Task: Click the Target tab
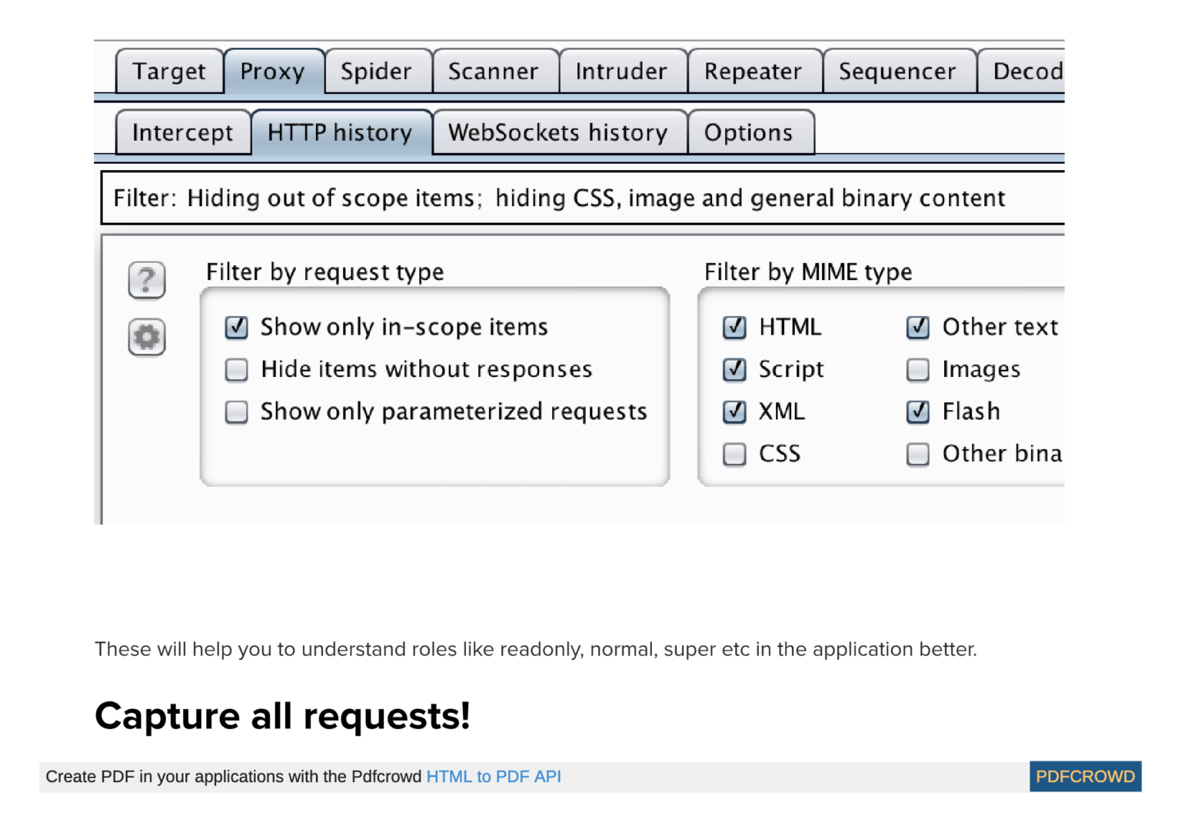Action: (x=169, y=72)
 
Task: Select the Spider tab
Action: (x=376, y=72)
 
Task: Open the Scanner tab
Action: (x=493, y=72)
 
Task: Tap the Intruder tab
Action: (x=621, y=72)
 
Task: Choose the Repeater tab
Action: (x=753, y=72)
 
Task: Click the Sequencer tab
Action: (x=897, y=72)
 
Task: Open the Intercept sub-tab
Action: (x=182, y=133)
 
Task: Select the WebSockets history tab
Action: (x=558, y=133)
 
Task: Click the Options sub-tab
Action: (x=748, y=133)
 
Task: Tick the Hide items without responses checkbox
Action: (x=237, y=370)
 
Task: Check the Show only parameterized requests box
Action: (x=237, y=412)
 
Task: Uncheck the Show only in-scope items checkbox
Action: (x=237, y=328)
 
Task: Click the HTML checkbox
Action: (x=734, y=328)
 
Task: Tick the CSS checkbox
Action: (x=734, y=455)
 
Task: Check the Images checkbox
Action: (x=918, y=370)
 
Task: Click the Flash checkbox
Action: (x=918, y=412)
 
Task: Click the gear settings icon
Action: (x=147, y=337)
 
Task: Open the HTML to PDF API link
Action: (x=494, y=777)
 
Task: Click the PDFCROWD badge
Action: (x=1085, y=777)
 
